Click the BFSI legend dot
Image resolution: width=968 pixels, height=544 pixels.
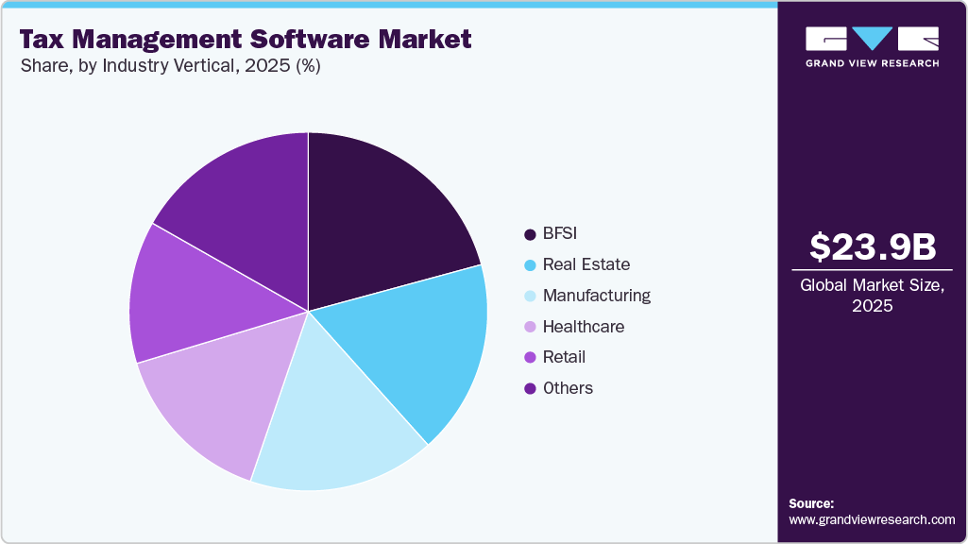(530, 233)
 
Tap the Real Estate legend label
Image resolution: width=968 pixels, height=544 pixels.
(586, 264)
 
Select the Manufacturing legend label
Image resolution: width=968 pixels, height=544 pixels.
(596, 296)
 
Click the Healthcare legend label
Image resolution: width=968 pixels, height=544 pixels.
(583, 327)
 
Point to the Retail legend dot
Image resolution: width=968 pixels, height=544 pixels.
(530, 357)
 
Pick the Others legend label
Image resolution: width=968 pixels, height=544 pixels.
(568, 388)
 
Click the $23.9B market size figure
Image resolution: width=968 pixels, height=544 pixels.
(873, 247)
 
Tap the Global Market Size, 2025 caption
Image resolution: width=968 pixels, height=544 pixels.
(873, 295)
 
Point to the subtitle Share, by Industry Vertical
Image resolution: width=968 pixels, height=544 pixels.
(170, 66)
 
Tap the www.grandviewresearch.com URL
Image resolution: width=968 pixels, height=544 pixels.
(872, 520)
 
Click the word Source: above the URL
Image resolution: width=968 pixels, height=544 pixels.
(811, 503)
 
